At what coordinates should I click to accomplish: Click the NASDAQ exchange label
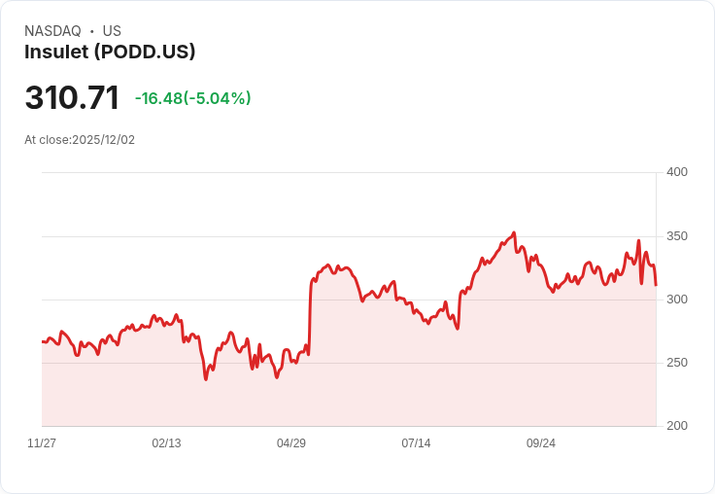tap(52, 31)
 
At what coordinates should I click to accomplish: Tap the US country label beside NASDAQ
tap(112, 31)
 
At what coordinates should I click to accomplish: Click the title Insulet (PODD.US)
tap(110, 53)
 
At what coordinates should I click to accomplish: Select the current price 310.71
tap(72, 98)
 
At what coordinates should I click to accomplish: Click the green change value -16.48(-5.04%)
tap(192, 98)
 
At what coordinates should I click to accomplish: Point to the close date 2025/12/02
tap(104, 140)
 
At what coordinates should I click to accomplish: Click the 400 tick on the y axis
tap(676, 172)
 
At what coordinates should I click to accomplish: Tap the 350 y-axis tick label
tap(676, 236)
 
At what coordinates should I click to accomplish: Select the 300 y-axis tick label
tap(676, 300)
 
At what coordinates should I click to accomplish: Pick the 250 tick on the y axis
tap(676, 363)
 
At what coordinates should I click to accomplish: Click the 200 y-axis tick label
tap(676, 426)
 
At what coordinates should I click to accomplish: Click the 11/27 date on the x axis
tap(42, 443)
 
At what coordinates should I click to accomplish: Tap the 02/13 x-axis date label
tap(166, 443)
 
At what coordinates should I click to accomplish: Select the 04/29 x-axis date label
tap(291, 443)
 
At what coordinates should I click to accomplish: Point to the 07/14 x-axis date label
tap(416, 443)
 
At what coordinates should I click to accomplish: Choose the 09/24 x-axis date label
tap(541, 443)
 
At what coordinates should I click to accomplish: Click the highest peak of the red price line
tap(514, 232)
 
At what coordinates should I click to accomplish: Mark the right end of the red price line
tap(656, 285)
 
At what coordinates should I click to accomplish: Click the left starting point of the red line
tap(43, 341)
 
